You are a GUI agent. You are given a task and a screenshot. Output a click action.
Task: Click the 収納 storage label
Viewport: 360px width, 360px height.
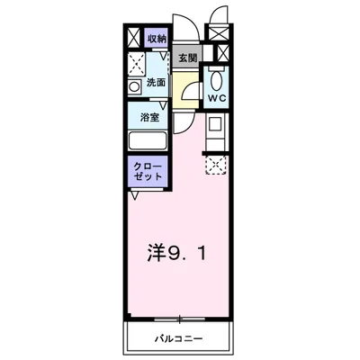coord(157,39)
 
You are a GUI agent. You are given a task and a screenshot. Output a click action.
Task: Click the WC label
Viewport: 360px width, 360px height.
coord(217,96)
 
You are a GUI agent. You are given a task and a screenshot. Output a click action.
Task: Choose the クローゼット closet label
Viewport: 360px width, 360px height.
coord(148,173)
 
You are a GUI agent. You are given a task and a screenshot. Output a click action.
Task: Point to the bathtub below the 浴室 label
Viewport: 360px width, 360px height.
coord(148,140)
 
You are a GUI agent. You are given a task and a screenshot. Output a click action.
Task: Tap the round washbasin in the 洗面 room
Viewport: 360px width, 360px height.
coord(134,87)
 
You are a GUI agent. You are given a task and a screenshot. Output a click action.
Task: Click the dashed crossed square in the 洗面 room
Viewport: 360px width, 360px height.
coord(137,62)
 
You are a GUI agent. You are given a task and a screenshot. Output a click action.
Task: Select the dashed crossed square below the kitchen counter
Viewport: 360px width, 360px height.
coord(216,163)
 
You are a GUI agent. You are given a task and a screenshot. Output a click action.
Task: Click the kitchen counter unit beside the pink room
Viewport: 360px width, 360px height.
coord(216,132)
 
